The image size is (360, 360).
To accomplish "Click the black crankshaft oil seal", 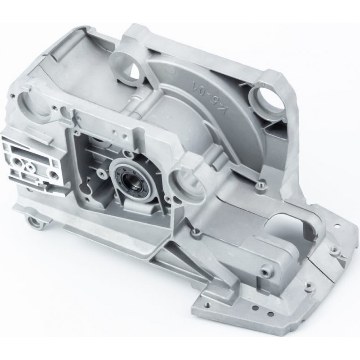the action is click(126, 177).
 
